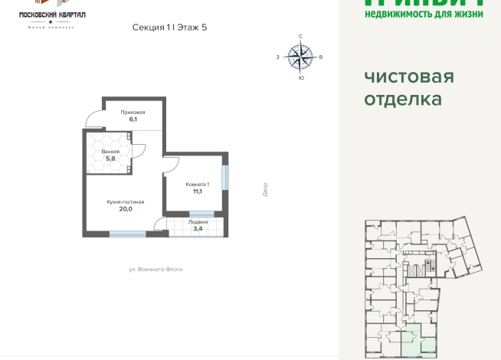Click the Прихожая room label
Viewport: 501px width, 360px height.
(133, 113)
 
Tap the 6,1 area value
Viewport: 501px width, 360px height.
(133, 119)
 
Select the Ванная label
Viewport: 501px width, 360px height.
(110, 152)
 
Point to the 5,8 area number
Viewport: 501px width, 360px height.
(110, 159)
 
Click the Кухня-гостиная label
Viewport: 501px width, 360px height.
(126, 201)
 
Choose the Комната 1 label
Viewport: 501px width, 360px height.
(197, 185)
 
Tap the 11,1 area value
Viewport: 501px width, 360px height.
(197, 191)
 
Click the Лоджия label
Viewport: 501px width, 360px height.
(198, 221)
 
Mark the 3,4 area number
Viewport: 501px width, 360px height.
(198, 228)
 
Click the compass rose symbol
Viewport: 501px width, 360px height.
(300, 56)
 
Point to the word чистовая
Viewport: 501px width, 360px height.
(408, 77)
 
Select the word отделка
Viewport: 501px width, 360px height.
(402, 100)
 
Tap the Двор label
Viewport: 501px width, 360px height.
(264, 188)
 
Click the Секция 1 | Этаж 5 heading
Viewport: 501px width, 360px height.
(169, 28)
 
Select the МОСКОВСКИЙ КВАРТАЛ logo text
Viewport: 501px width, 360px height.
(51, 15)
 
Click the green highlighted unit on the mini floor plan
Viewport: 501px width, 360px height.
(411, 341)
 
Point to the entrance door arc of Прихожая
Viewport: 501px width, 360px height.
(94, 119)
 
